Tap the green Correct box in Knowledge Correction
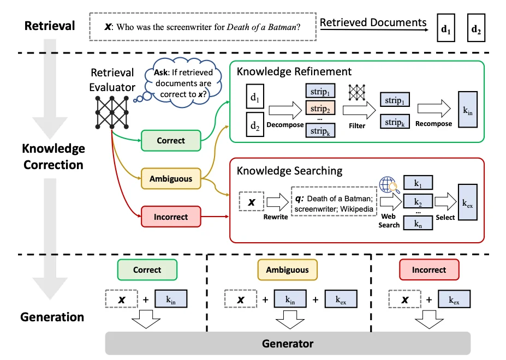point(170,141)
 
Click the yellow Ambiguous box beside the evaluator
point(170,178)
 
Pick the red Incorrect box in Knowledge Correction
point(170,217)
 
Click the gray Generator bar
point(288,344)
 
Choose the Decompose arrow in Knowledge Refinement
point(284,112)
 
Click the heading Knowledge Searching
point(289,171)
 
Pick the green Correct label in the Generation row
point(147,269)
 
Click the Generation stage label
point(52,317)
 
